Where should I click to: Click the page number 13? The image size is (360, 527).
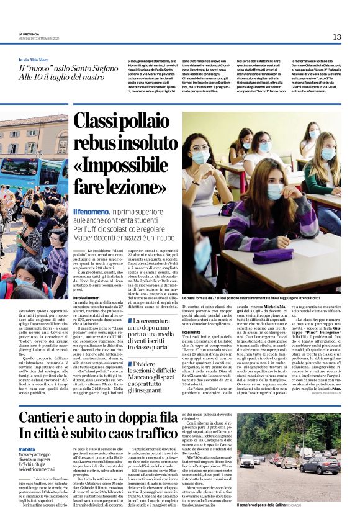(x=337, y=37)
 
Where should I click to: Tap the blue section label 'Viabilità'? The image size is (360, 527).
(x=27, y=449)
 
